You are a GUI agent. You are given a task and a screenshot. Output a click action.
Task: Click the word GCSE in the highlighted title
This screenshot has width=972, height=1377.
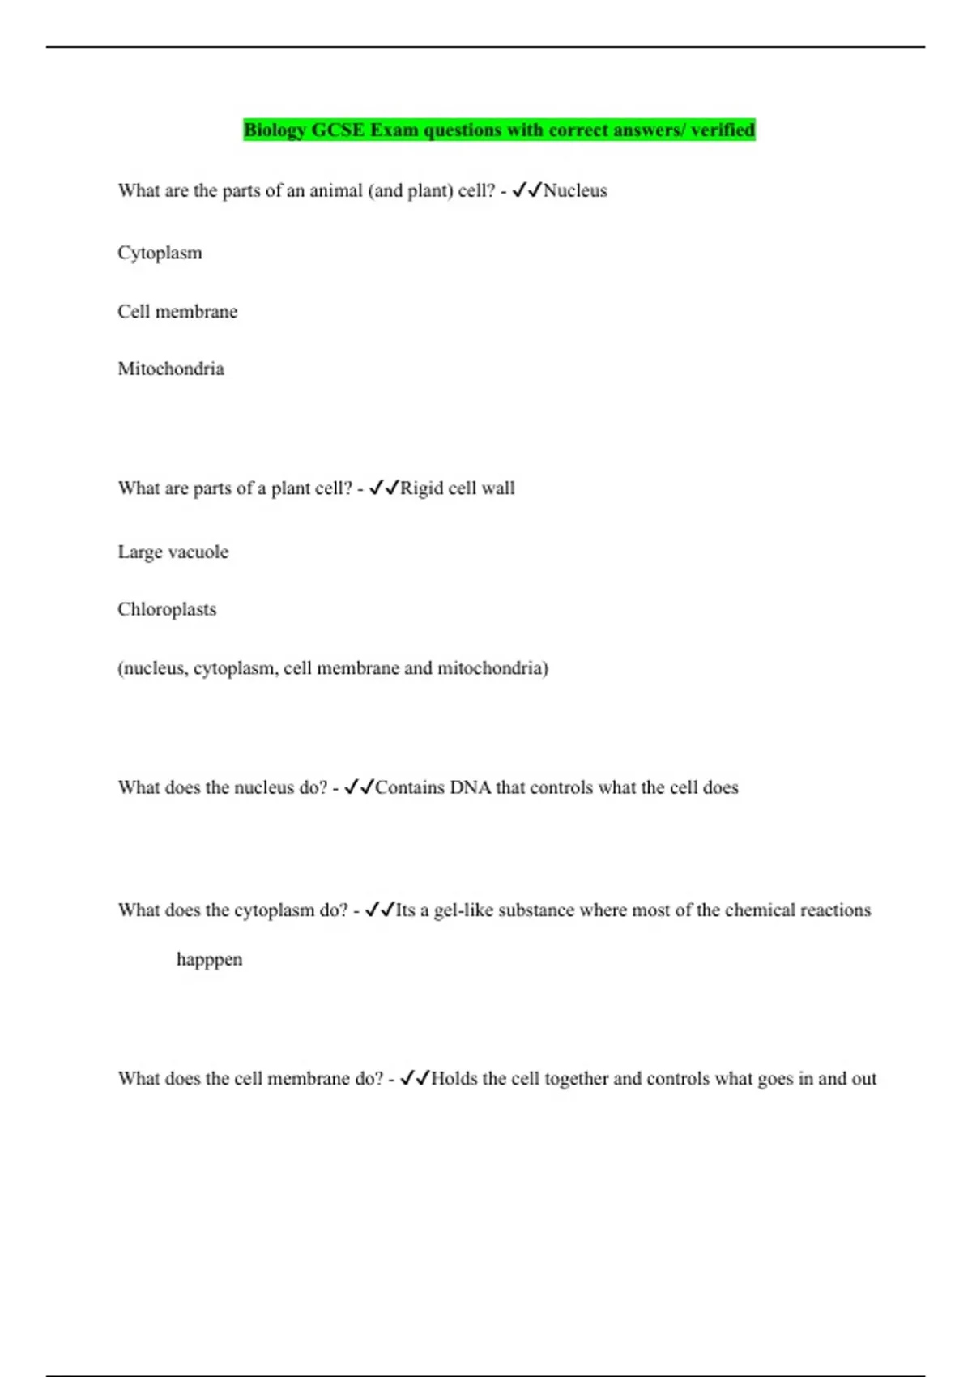click(x=338, y=130)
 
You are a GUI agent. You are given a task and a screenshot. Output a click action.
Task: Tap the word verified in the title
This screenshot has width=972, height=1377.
click(x=723, y=130)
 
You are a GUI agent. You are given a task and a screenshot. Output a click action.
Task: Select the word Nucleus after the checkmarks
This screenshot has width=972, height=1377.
click(x=575, y=191)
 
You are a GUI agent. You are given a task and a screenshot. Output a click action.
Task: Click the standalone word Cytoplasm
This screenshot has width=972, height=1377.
click(x=160, y=253)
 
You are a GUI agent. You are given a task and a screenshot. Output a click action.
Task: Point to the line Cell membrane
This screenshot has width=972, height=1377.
click(x=177, y=312)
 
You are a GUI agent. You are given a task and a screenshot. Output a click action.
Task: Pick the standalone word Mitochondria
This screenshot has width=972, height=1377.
click(x=171, y=369)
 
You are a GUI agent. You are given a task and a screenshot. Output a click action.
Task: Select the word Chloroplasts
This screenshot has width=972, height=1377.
click(x=167, y=609)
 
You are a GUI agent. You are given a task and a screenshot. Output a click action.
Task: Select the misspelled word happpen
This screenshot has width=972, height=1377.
click(x=209, y=960)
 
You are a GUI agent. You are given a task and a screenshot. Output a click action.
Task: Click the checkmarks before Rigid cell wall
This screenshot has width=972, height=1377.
click(x=384, y=488)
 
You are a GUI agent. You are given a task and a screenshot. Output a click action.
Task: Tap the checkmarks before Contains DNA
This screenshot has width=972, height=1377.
click(x=359, y=787)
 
